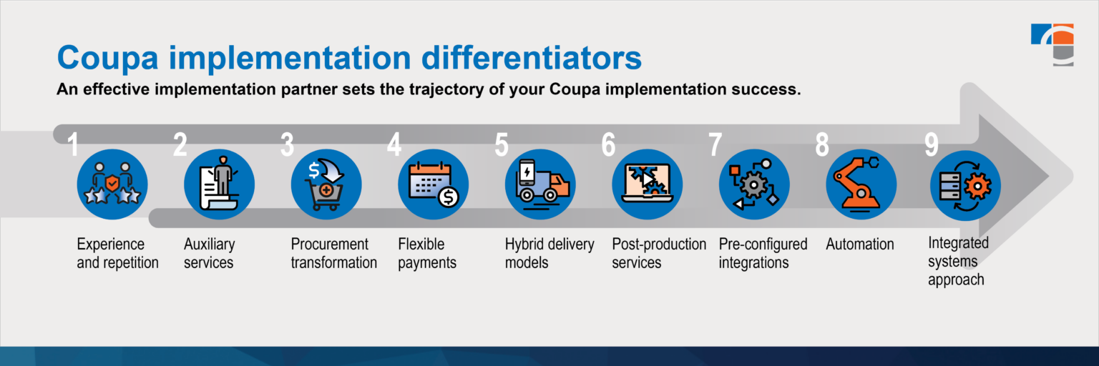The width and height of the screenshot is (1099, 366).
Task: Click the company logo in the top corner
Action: [1052, 44]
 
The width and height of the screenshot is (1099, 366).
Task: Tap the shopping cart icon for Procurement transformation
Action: [326, 184]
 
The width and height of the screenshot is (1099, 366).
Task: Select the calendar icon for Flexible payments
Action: [433, 184]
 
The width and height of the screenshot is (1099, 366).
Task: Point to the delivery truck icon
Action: [540, 184]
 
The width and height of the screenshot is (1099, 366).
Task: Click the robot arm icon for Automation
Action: [861, 184]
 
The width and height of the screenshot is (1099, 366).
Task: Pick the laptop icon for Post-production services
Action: [647, 184]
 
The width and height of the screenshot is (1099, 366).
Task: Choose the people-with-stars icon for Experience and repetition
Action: [112, 184]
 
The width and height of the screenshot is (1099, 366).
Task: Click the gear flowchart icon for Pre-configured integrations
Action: [754, 184]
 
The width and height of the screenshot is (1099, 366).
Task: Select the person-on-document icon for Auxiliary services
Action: [219, 184]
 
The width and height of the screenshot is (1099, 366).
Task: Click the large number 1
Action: [73, 144]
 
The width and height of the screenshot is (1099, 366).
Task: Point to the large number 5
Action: [502, 144]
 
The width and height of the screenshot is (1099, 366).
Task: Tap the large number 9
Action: [931, 144]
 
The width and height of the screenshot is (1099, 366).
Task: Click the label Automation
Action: [859, 244]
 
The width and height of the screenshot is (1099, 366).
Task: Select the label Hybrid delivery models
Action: [549, 253]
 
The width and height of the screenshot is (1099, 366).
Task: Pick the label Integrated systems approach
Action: [958, 261]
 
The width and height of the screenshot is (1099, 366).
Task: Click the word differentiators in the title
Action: [532, 58]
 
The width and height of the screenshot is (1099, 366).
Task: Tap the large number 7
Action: [715, 144]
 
